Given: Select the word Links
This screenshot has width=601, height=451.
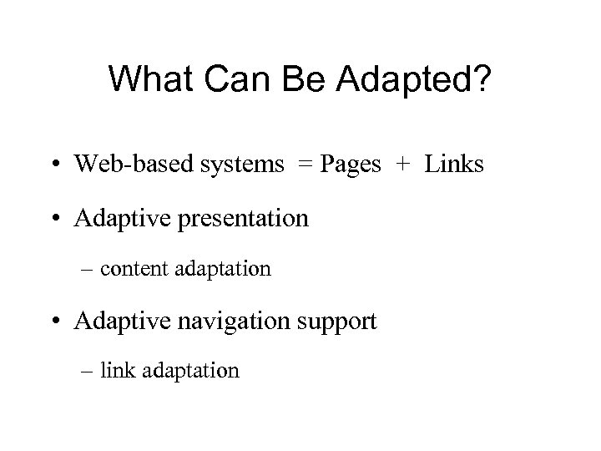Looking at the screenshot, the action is pos(453,165).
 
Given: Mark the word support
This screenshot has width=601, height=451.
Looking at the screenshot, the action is pos(344,322).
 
